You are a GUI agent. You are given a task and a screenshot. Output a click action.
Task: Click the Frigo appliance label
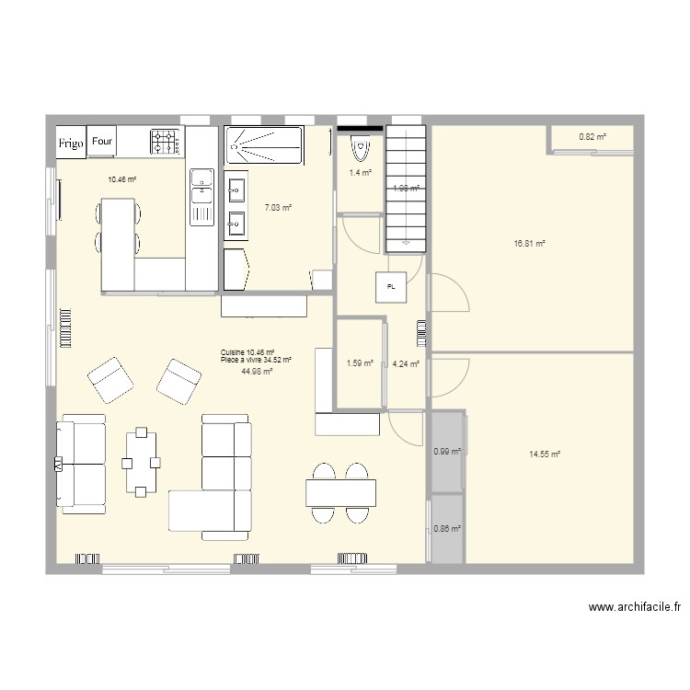click(72, 144)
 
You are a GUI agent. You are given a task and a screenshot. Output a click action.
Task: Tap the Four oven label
click(102, 142)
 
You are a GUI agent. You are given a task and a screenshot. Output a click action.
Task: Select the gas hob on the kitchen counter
click(166, 142)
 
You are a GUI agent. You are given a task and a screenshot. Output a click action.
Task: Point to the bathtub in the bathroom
click(263, 146)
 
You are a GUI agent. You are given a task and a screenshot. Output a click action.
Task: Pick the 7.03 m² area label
click(278, 208)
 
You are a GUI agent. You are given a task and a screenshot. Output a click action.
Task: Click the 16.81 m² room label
click(530, 244)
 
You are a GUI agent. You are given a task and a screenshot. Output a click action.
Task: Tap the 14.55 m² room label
click(545, 454)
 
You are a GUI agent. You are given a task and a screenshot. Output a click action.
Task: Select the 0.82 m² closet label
click(592, 138)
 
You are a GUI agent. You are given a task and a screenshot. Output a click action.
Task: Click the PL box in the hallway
click(391, 287)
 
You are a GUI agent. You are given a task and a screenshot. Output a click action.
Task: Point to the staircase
click(406, 189)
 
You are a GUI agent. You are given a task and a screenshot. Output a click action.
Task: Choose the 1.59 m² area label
click(360, 363)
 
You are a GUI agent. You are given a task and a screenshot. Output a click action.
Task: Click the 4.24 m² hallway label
click(406, 363)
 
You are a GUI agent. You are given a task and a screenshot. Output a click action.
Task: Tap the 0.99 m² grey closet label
click(446, 451)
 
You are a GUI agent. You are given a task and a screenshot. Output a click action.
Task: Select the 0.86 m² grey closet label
click(446, 529)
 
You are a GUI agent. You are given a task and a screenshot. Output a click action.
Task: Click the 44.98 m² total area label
click(256, 372)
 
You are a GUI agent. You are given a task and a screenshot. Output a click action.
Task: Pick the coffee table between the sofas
click(142, 462)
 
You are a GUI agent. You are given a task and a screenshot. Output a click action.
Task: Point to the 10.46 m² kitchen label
click(121, 180)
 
